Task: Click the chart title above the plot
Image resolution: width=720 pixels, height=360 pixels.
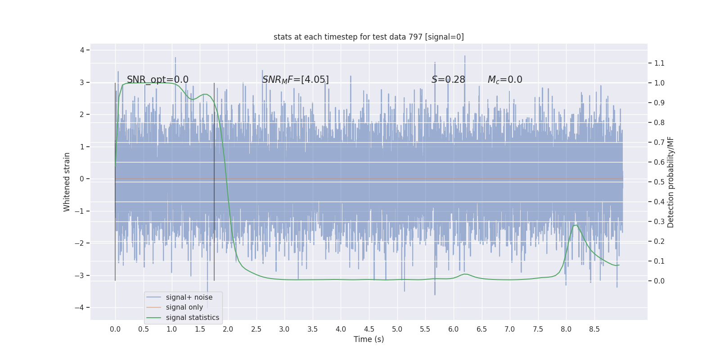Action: click(x=369, y=37)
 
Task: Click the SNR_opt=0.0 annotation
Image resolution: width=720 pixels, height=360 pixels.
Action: click(x=157, y=80)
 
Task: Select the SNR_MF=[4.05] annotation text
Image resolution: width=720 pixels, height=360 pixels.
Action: click(x=295, y=80)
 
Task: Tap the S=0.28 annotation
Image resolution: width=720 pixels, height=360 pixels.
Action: click(x=448, y=80)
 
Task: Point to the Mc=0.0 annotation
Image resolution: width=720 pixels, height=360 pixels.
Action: click(x=505, y=80)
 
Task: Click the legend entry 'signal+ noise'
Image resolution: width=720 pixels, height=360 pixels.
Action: click(x=189, y=297)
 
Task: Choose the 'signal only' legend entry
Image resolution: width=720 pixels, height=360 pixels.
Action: click(x=184, y=307)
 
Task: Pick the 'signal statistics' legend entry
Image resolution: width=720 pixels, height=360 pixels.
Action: click(x=192, y=318)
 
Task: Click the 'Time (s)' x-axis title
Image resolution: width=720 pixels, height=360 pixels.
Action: click(x=369, y=339)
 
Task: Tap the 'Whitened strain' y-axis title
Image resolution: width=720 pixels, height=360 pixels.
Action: click(x=67, y=182)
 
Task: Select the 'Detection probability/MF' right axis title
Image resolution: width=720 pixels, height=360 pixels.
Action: click(x=670, y=182)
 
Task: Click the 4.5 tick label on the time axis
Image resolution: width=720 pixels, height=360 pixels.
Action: click(x=369, y=329)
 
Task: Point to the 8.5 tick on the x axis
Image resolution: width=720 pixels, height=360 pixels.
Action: click(x=594, y=329)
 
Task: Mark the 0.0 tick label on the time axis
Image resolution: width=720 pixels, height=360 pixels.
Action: click(x=115, y=329)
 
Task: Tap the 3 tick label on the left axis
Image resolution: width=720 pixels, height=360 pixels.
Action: click(x=82, y=82)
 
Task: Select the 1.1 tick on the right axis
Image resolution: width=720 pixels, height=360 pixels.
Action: click(x=659, y=63)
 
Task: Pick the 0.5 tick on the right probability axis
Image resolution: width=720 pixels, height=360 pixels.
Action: click(x=659, y=182)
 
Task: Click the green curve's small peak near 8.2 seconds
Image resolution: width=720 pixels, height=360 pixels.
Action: click(x=576, y=225)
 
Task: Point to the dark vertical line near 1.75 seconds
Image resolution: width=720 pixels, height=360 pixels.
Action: click(x=214, y=180)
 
